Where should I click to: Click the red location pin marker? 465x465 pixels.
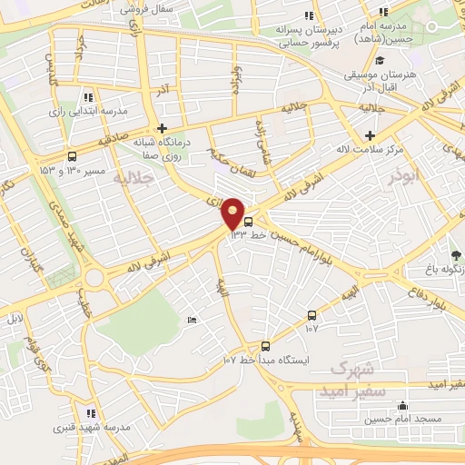pos(233,213)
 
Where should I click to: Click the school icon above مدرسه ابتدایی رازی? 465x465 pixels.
pos(87,97)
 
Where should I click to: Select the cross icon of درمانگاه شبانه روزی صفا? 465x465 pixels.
pos(162,128)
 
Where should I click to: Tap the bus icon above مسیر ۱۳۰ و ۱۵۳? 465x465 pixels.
pos(72,156)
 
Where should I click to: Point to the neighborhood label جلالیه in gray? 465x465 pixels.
pos(132,181)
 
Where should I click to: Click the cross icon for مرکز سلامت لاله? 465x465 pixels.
pos(370,135)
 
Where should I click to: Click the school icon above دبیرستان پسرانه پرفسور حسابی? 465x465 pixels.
pos(311,15)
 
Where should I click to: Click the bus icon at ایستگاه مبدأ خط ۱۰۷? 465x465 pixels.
pos(265,345)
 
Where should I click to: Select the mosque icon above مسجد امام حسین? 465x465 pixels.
pos(403,405)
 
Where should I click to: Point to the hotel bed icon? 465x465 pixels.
pos(191,321)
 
